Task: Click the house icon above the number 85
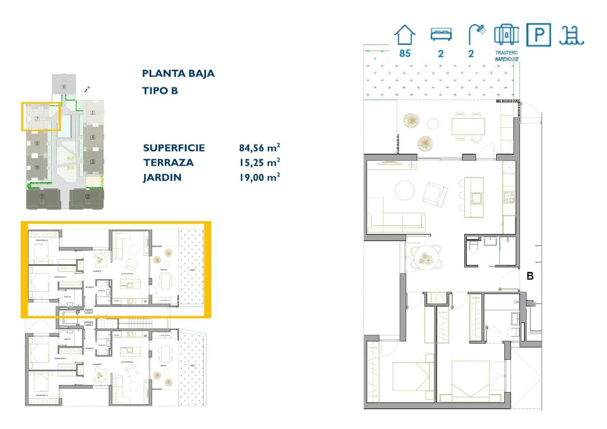coord(405,36)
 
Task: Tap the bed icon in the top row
coord(441,35)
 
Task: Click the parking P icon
coord(539,35)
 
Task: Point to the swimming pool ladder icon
coord(572,35)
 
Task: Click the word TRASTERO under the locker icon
coord(506,53)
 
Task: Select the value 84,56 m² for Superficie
coord(259,148)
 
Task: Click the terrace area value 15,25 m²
coord(259,163)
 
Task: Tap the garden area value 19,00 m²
coord(259,177)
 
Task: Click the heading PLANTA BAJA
coord(178,73)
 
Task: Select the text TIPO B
coord(160,91)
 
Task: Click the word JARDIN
coord(162,177)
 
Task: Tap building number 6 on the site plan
coord(64,87)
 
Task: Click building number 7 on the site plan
coord(37,119)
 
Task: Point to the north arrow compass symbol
coord(86,90)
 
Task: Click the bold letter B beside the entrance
coord(530,276)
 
